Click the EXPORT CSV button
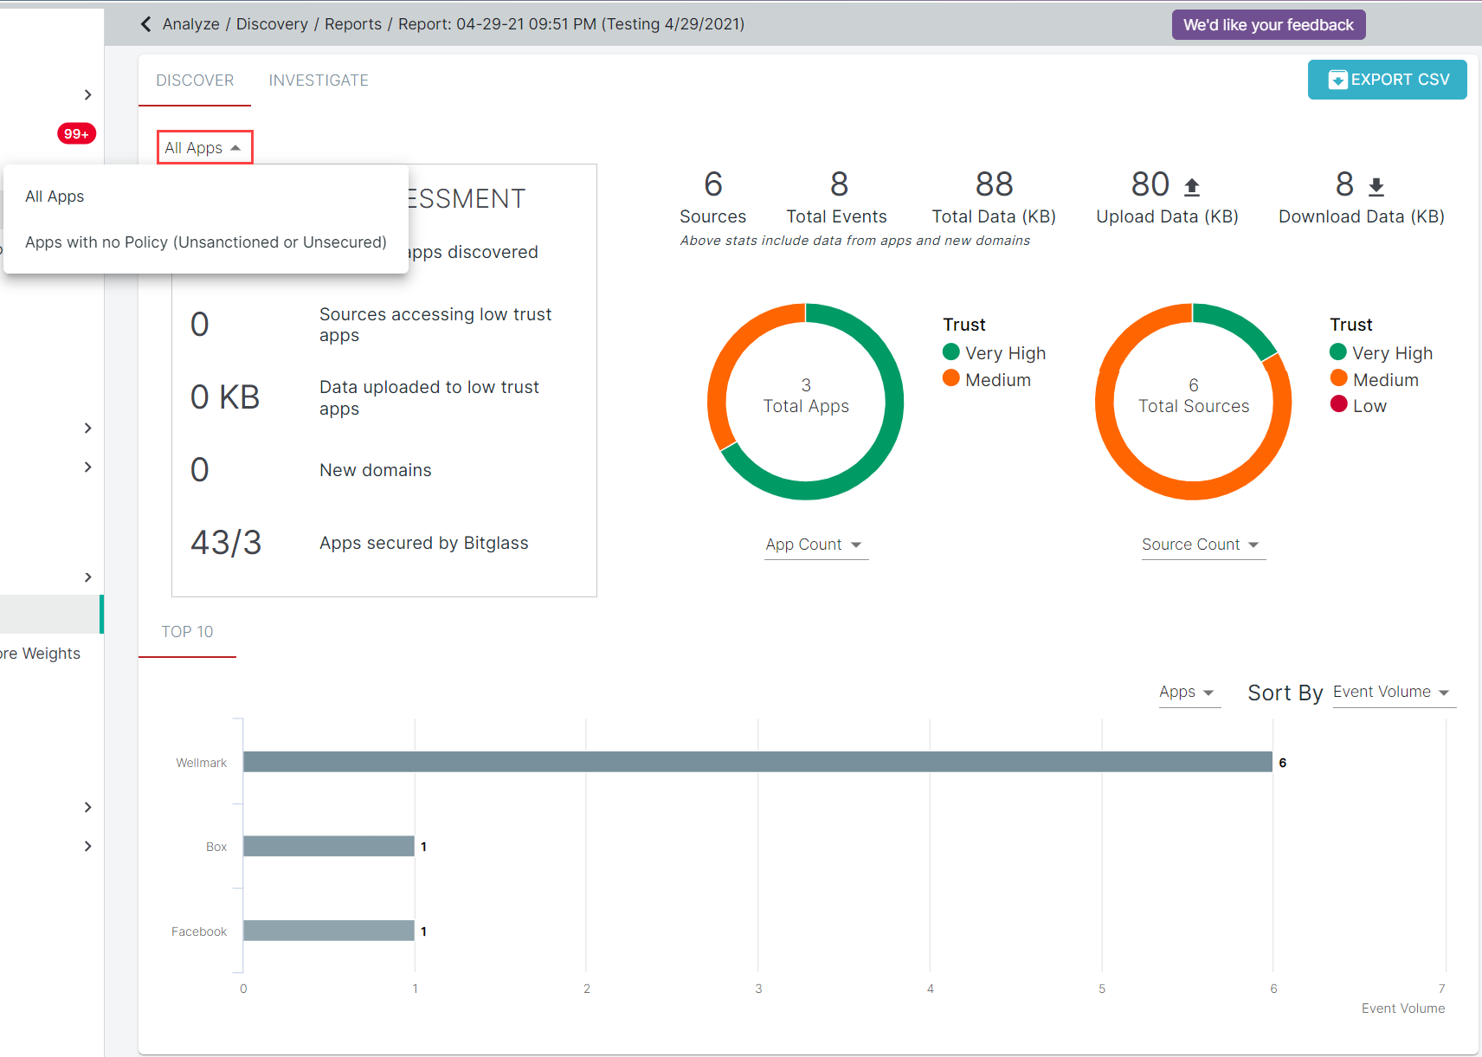tap(1387, 80)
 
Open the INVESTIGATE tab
tap(319, 81)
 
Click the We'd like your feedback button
tap(1268, 25)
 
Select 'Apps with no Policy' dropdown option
tap(206, 242)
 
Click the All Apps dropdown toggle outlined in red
tap(204, 148)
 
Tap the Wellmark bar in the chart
tap(757, 762)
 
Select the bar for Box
tap(329, 847)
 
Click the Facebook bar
tap(329, 931)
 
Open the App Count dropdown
tap(815, 545)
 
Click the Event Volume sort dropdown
tap(1392, 693)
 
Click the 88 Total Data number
tap(994, 184)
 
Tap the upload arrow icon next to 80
tap(1192, 186)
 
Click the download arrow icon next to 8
tap(1376, 186)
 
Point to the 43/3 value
tap(226, 543)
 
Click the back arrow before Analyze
tap(145, 24)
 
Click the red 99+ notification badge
tap(76, 133)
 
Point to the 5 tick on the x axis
tap(1102, 989)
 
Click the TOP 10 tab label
tap(187, 632)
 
